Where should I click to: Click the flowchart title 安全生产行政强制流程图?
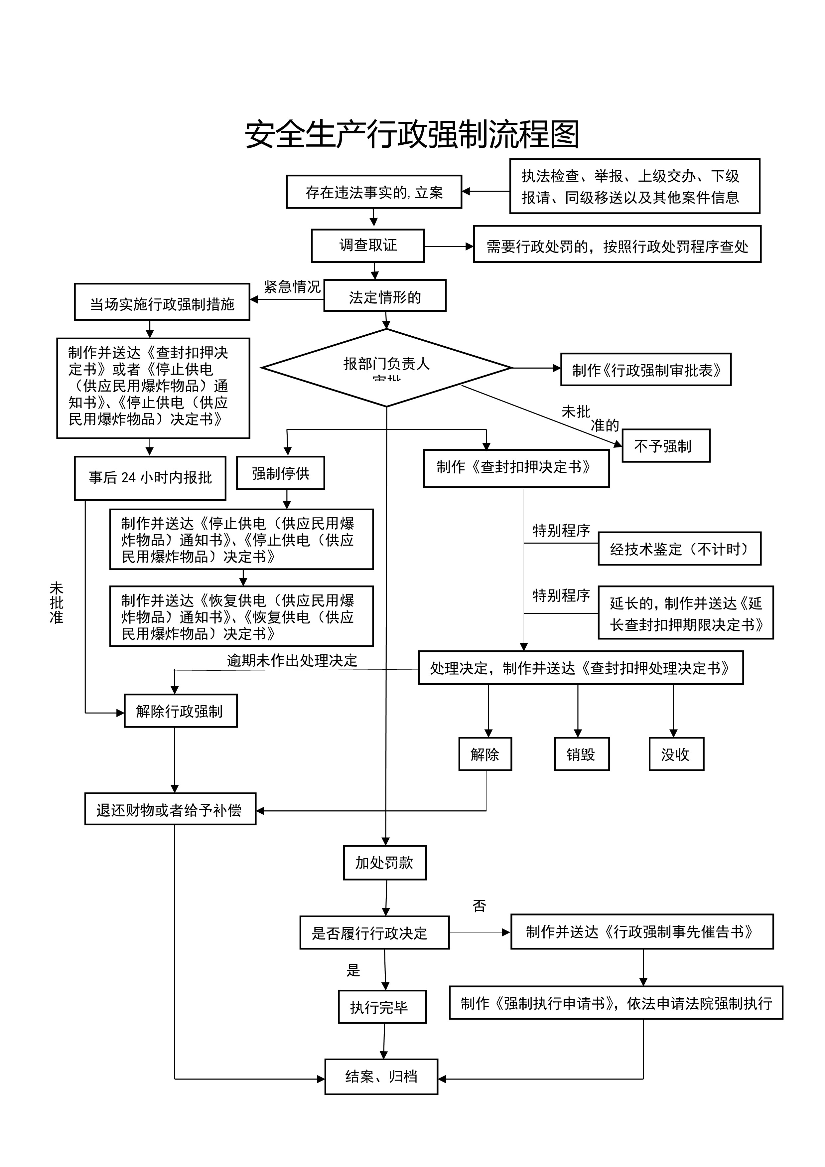click(412, 135)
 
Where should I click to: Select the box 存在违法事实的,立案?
click(374, 192)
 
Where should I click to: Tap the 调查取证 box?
click(368, 246)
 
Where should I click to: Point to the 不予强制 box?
click(665, 446)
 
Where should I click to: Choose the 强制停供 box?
click(280, 473)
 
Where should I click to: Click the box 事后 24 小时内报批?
click(150, 478)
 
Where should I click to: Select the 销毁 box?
click(581, 754)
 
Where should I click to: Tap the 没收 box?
click(676, 754)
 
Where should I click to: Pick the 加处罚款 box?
click(384, 863)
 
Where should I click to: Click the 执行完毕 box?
click(382, 1007)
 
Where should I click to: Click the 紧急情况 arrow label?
click(292, 287)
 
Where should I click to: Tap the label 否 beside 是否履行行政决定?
click(479, 906)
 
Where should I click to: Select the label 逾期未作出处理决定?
click(292, 660)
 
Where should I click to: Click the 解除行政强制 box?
click(180, 711)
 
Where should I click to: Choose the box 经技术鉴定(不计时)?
click(679, 549)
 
